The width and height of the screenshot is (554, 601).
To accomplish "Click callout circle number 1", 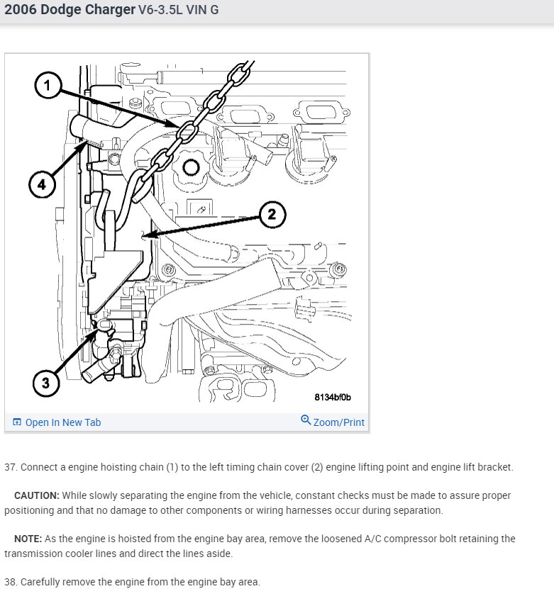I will pos(48,87).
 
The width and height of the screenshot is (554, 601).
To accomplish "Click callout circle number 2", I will pos(272,213).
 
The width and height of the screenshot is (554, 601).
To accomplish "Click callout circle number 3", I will pos(46,383).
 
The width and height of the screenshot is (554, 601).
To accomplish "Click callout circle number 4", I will pos(42,185).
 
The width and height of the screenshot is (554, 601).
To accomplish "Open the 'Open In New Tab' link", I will pos(63,422).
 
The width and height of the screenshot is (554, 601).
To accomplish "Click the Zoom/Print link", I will pos(338,422).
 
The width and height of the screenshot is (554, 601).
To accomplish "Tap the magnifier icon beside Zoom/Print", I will pos(306,420).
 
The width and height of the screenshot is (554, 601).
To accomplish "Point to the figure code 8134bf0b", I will pos(333,398).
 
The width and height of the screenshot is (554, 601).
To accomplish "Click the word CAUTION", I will pos(37,495).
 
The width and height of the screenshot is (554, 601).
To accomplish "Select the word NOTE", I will pos(28,539).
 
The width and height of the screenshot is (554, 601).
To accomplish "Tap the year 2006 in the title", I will pos(22,11).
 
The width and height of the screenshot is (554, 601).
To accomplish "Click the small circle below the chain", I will pos(190,167).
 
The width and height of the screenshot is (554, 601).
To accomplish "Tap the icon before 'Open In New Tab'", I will pos(17,422).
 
